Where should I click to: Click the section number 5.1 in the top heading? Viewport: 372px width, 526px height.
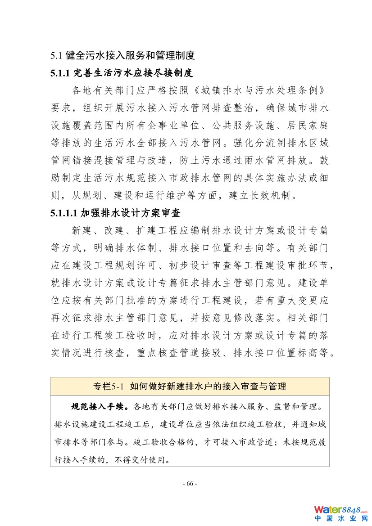[x=55, y=56]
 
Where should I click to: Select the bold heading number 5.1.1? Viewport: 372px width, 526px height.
[x=59, y=72]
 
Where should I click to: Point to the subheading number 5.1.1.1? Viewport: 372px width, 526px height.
[x=64, y=212]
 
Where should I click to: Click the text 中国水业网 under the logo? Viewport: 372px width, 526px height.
[x=340, y=518]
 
